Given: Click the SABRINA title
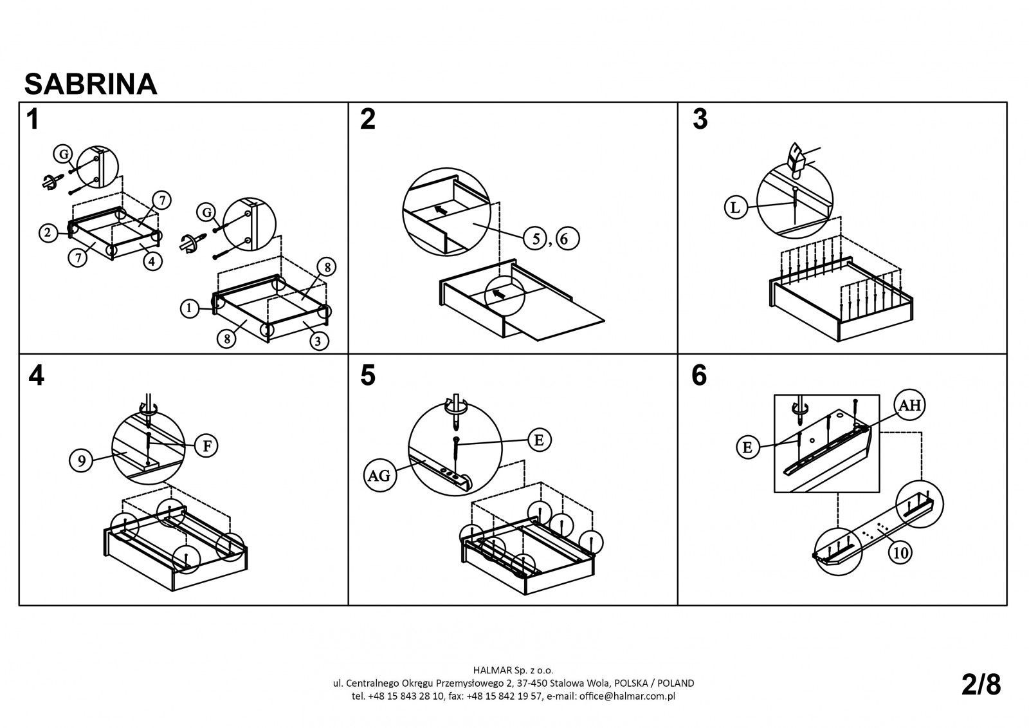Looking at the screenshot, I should coord(91,84).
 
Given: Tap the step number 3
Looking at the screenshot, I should coord(700,120).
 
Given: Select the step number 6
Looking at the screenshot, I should coord(699,375).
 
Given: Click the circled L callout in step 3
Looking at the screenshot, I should coord(736,207).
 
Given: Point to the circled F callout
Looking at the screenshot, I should coord(206,446).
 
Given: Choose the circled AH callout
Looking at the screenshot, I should coord(910,405).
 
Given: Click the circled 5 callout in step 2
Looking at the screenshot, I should coord(535,239).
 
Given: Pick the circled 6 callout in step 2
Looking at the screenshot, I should coord(566,239).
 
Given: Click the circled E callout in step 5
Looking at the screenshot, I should coord(539,440).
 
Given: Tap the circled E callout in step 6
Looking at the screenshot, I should coord(747,447).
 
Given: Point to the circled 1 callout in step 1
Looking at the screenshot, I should coord(190,309).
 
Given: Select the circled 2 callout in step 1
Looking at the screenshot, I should coord(48,234).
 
